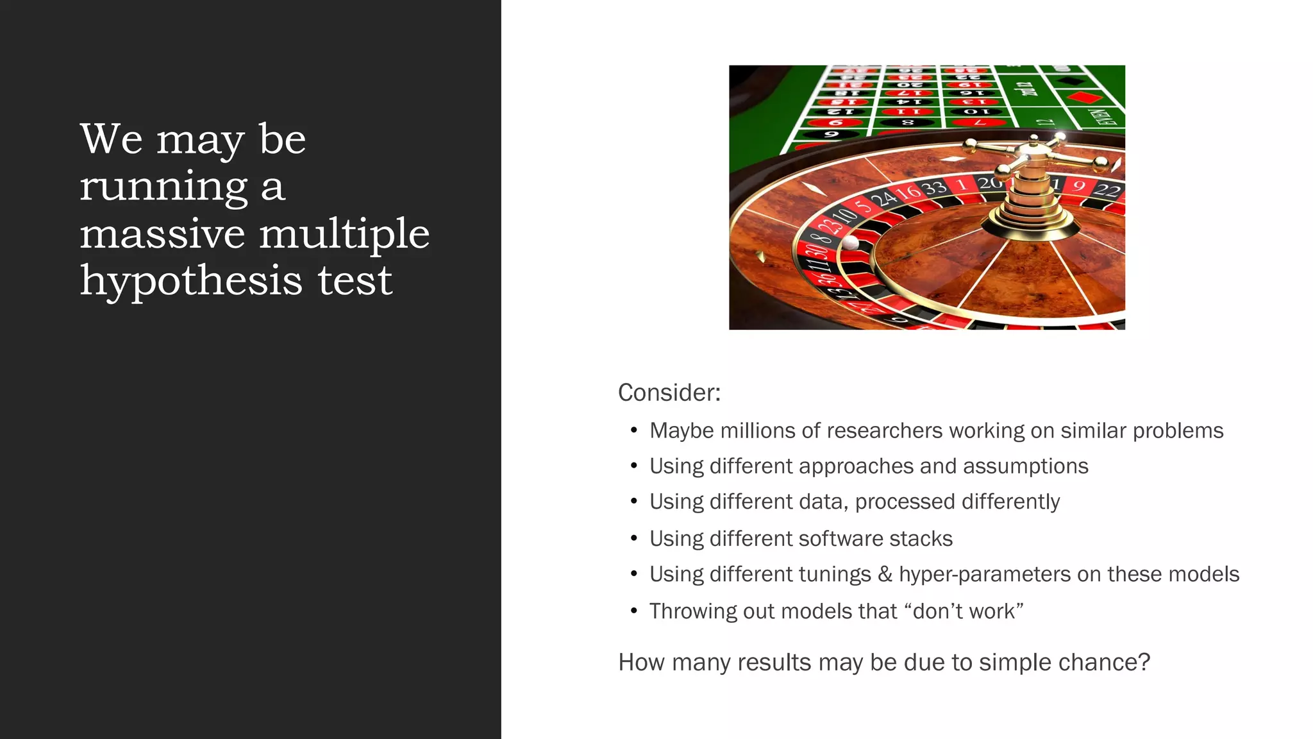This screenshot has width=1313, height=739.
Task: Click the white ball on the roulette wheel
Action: [x=850, y=242]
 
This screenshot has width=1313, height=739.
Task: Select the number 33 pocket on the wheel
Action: [x=934, y=188]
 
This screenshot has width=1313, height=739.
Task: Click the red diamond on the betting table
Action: [x=1085, y=98]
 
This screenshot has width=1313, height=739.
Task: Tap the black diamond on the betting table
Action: [x=1069, y=81]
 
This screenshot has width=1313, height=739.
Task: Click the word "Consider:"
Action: [x=669, y=393]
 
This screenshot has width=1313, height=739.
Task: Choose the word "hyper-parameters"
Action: [x=984, y=574]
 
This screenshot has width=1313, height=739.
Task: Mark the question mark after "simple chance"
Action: [x=1144, y=662]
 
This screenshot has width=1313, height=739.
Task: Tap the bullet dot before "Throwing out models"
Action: [x=633, y=611]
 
